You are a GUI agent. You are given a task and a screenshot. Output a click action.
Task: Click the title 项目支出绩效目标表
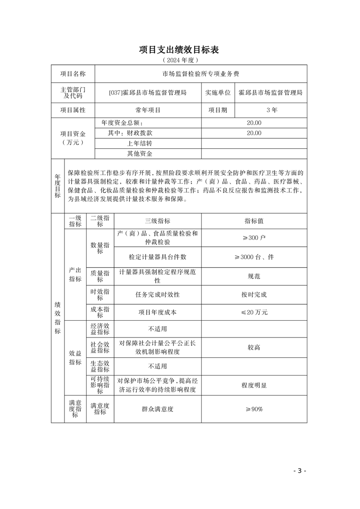(x=179, y=49)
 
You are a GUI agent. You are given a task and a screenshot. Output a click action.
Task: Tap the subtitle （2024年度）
(x=179, y=60)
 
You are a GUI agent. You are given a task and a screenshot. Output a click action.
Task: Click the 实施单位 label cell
(x=217, y=93)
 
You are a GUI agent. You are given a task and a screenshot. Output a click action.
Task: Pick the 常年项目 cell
(x=148, y=110)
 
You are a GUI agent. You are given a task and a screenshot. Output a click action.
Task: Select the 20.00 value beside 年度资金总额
(x=254, y=123)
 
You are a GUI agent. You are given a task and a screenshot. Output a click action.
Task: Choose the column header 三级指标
(x=158, y=221)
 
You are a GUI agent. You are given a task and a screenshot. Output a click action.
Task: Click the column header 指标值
(x=254, y=221)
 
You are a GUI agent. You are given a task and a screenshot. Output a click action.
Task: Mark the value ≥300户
(x=254, y=238)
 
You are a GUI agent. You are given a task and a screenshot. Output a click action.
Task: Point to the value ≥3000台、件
(x=254, y=257)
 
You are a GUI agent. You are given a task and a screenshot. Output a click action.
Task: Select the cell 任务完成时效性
(x=158, y=294)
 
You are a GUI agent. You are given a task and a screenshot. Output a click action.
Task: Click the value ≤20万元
(x=254, y=312)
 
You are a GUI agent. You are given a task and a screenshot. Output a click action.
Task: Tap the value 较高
(x=254, y=347)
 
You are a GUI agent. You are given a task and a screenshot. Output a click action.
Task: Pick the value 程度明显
(x=254, y=385)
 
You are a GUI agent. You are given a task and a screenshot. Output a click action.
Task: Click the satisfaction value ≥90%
(x=254, y=409)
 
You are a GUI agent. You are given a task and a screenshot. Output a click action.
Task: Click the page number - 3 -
(x=300, y=470)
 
